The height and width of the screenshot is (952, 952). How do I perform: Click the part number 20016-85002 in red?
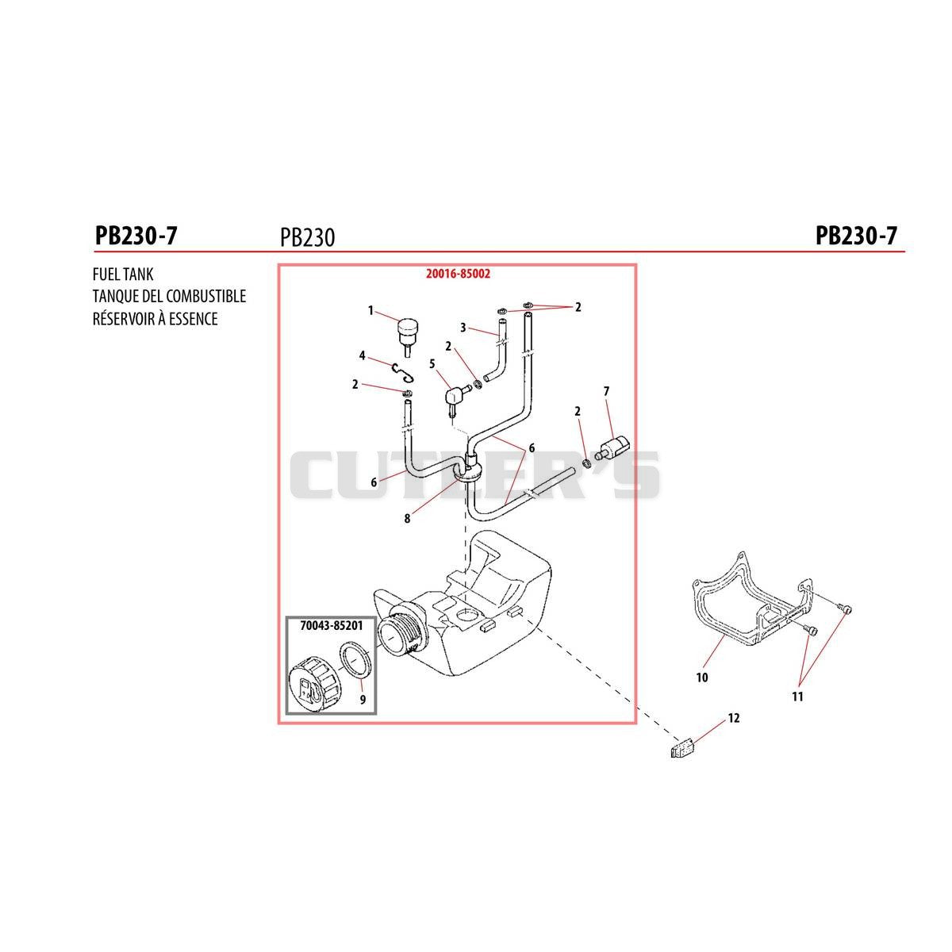458,274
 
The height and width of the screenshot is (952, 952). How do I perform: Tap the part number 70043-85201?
332,626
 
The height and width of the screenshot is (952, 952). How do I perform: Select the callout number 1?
370,311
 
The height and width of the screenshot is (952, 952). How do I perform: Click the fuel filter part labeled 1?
407,334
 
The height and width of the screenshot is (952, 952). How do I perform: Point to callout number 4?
362,355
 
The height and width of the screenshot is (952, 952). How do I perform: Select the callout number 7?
606,391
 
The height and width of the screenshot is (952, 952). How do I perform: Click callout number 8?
407,519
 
